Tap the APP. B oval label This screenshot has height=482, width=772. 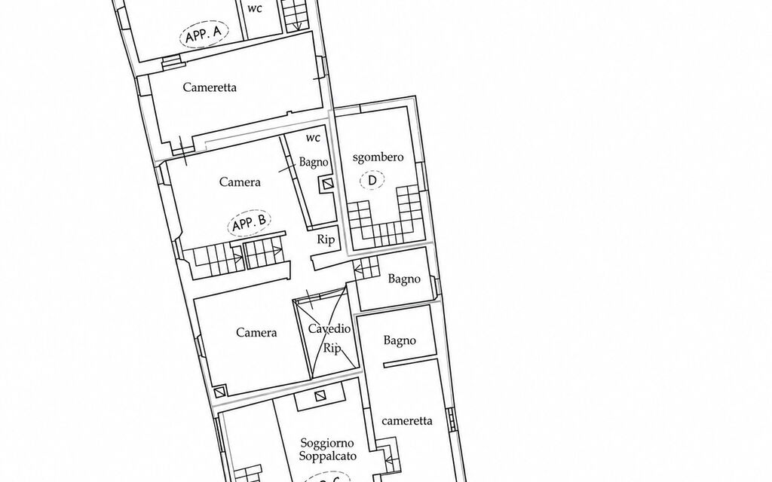(x=250, y=224)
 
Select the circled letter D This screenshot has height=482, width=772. (x=372, y=180)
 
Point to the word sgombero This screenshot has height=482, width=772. (x=378, y=157)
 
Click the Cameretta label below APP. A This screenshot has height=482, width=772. (x=210, y=87)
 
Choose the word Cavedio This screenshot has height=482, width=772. (x=329, y=328)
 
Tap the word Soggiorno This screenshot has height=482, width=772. (x=327, y=443)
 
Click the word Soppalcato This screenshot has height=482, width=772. (x=327, y=456)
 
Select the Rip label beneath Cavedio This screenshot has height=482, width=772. (x=332, y=348)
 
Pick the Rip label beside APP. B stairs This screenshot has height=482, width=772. (x=326, y=239)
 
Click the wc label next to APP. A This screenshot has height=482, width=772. (x=255, y=8)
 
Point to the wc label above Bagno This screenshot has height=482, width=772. (x=313, y=138)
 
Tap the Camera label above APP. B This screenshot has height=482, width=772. (x=240, y=182)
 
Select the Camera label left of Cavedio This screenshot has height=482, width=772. (x=256, y=332)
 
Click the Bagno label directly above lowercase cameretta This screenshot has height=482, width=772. (x=400, y=340)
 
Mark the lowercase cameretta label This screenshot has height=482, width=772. (x=407, y=421)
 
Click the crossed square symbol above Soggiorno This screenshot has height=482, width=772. (x=320, y=396)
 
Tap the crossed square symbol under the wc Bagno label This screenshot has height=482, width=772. (x=327, y=185)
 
